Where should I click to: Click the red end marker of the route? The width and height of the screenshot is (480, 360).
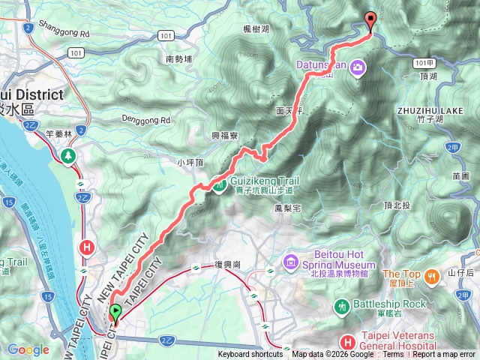(370, 21)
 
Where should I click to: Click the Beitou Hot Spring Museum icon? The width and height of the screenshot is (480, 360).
(291, 262)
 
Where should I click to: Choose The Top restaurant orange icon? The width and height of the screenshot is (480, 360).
(432, 277)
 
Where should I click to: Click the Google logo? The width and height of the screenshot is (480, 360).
(28, 349)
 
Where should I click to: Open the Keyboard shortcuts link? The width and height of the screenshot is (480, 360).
(251, 355)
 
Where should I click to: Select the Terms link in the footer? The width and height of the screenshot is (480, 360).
(393, 355)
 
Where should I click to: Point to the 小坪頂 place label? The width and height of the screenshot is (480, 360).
(190, 162)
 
